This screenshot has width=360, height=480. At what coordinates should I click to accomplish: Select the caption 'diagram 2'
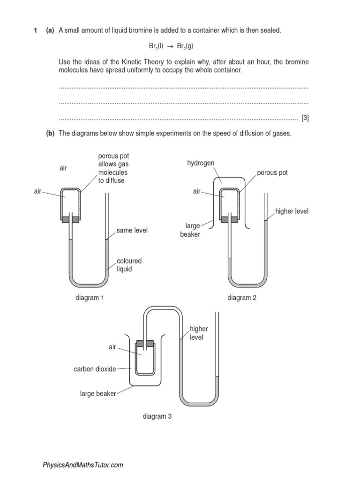242,298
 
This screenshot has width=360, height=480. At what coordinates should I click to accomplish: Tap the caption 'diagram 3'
157,416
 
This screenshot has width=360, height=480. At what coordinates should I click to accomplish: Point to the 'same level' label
132,231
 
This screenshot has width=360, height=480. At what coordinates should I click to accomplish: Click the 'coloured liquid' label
129,265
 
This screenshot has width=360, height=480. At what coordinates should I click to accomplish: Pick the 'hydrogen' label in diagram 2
201,163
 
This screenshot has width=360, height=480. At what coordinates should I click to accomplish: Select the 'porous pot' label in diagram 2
272,172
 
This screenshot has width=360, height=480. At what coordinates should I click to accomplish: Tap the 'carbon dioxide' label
95,369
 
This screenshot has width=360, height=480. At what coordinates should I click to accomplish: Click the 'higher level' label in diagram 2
292,211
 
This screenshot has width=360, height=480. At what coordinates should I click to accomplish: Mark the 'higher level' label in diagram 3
199,333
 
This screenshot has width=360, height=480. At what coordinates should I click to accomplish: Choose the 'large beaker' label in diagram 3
97,394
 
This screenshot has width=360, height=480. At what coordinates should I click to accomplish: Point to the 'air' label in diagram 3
112,347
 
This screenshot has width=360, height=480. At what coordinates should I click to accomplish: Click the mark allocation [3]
305,118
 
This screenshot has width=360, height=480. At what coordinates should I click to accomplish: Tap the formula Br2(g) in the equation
185,46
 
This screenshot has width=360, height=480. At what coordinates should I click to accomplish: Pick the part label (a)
50,30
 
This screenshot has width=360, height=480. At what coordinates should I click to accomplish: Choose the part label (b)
50,134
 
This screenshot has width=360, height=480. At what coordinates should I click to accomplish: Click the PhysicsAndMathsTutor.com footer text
83,465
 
